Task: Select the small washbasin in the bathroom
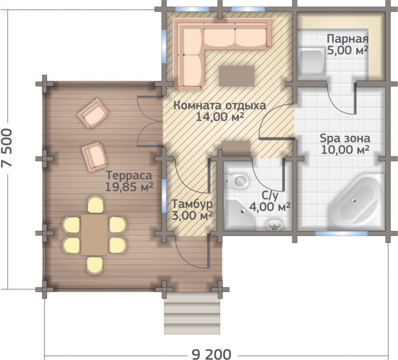(x=274, y=225)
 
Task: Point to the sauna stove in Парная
(x=311, y=61)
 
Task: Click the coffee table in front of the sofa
(x=236, y=76)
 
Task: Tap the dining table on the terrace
(x=95, y=234)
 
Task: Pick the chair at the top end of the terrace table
(x=95, y=204)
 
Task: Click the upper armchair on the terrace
(x=93, y=113)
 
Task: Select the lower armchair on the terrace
(x=94, y=157)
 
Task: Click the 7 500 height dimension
(x=7, y=148)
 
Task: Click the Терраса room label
(x=129, y=176)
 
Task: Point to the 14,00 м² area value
(x=221, y=117)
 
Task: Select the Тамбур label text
(x=192, y=204)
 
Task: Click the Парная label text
(x=347, y=39)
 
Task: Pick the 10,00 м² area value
(x=345, y=150)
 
